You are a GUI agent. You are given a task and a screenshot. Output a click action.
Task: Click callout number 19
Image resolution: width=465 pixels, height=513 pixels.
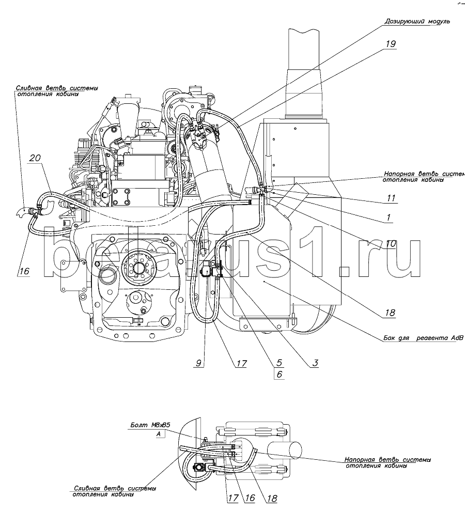[390, 44]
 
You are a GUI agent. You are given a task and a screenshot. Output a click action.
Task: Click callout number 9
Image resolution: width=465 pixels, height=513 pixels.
[199, 363]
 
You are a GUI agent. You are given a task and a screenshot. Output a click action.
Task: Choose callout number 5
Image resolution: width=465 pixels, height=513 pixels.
[279, 363]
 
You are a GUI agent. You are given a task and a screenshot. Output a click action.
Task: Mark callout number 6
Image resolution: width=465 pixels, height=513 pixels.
[279, 375]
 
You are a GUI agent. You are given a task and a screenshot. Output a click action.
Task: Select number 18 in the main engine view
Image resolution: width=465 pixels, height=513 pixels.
[390, 313]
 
